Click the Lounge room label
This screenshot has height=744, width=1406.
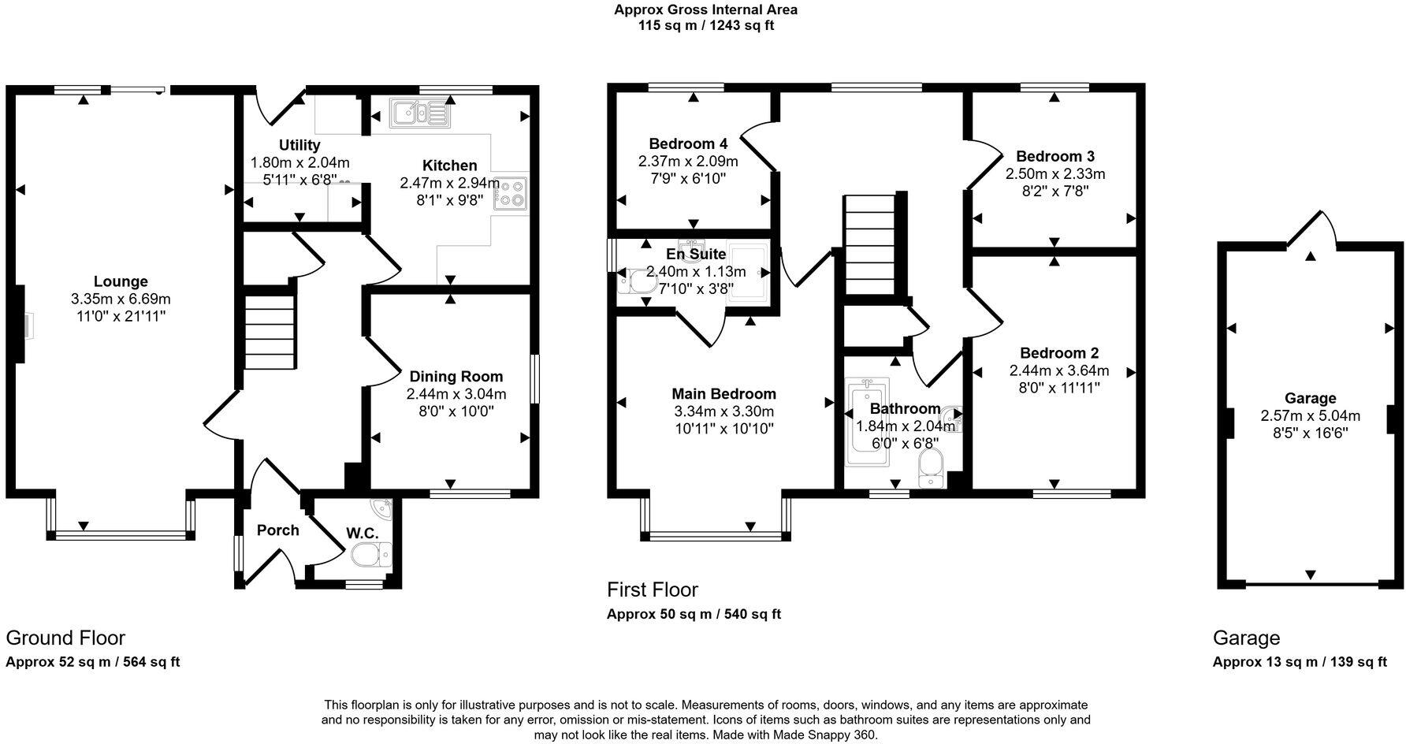coord(121,281)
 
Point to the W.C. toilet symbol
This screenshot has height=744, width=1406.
coord(371,555)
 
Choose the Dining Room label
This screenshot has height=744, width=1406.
coord(456,377)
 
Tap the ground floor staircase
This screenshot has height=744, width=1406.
coord(269,331)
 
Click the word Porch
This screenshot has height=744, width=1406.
coord(277,530)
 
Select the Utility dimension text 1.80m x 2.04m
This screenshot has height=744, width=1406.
coord(299,162)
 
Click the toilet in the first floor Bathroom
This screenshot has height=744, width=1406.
coord(930,467)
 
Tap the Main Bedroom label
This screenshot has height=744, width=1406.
coord(723,394)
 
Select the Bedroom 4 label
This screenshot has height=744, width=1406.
coord(688,143)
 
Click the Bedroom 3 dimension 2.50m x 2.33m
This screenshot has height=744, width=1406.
coord(1054,173)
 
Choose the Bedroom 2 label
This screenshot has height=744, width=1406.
coord(1058,353)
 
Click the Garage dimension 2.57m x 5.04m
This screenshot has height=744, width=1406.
coord(1310,415)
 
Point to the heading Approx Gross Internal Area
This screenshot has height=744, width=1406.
coord(705,9)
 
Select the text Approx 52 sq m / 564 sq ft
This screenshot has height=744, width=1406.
coord(93,662)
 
